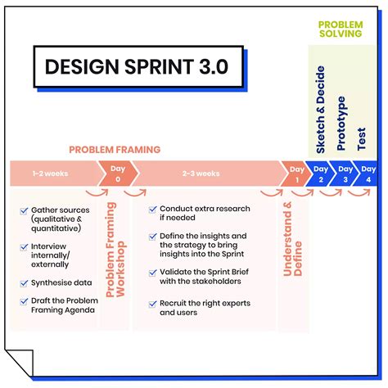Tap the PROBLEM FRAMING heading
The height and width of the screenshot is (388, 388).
point(115,150)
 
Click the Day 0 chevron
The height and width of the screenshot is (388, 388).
point(115,174)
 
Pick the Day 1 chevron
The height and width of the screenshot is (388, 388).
point(296,174)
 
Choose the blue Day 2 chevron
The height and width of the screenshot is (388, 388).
point(320,174)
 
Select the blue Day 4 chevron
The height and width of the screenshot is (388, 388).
point(367,174)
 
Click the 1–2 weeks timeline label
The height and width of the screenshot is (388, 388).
point(50,174)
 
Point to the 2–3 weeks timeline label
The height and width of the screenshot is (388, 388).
point(201,174)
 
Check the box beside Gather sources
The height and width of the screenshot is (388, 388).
point(25,211)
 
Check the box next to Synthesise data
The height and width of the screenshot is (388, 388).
point(25,282)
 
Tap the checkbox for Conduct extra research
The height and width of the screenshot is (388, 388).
point(152,210)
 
